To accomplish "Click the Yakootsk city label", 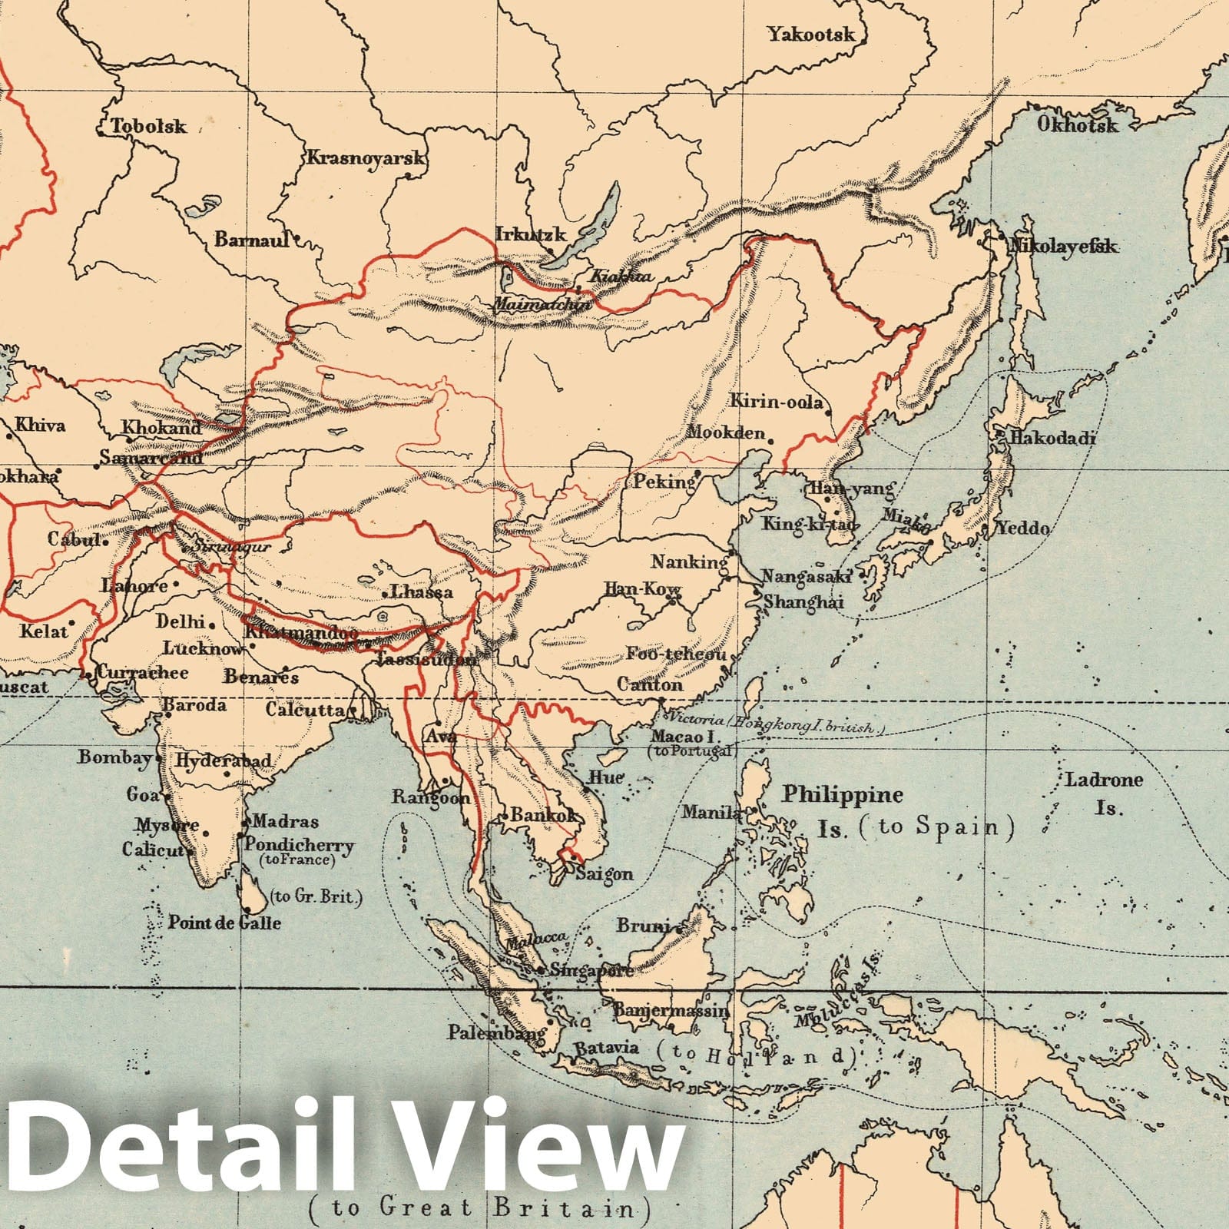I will pyautogui.click(x=811, y=35).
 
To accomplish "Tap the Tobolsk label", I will pyautogui.click(x=149, y=126).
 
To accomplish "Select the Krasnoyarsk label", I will pyautogui.click(x=366, y=158).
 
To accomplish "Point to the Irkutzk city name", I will pyautogui.click(x=531, y=234).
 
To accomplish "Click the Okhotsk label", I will pyautogui.click(x=1078, y=124).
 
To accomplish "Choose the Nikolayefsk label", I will pyautogui.click(x=1063, y=247).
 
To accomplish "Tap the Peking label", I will pyautogui.click(x=664, y=482).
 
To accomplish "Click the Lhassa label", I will pyautogui.click(x=422, y=591).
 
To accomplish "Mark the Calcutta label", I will pyautogui.click(x=305, y=710).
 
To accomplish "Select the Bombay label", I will pyautogui.click(x=114, y=757).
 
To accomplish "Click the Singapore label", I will pyautogui.click(x=591, y=970).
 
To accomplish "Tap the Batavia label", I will pyautogui.click(x=607, y=1048).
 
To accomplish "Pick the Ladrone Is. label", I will pyautogui.click(x=1105, y=793).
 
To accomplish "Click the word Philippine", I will pyautogui.click(x=842, y=794).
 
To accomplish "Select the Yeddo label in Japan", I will pyautogui.click(x=1022, y=528).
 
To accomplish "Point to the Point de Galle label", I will pyautogui.click(x=224, y=923).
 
